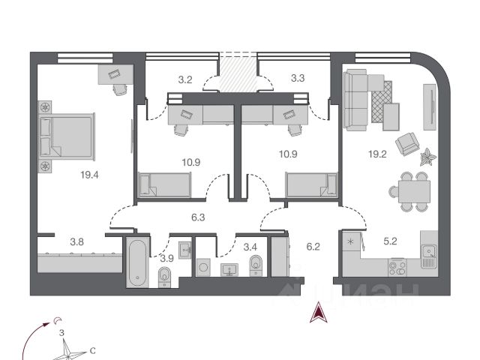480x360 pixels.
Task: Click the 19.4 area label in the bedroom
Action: pos(89,175)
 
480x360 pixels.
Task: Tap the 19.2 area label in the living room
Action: pos(377,154)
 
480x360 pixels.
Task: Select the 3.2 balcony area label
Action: pos(185,79)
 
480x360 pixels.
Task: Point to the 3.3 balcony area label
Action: pos(298,78)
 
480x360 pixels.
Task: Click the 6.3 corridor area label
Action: pos(198,217)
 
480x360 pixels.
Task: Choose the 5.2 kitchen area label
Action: pos(390,241)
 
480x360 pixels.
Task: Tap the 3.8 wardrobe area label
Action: pos(76,241)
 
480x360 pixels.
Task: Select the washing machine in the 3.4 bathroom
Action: pos(203,267)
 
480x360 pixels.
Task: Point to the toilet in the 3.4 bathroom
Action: pos(255,265)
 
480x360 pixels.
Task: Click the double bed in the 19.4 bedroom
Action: pos(67,136)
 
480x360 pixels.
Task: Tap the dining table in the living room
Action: pos(414,191)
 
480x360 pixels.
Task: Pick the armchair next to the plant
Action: pos(407,143)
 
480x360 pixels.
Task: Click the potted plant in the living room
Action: pos(428,157)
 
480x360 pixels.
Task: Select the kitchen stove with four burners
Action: pos(397,268)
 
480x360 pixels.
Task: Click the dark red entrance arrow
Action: pos(319,312)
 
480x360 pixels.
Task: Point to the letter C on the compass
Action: pos(92,350)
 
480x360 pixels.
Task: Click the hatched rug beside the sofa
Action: pos(382,102)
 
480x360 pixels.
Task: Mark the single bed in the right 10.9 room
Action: pos(311,184)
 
